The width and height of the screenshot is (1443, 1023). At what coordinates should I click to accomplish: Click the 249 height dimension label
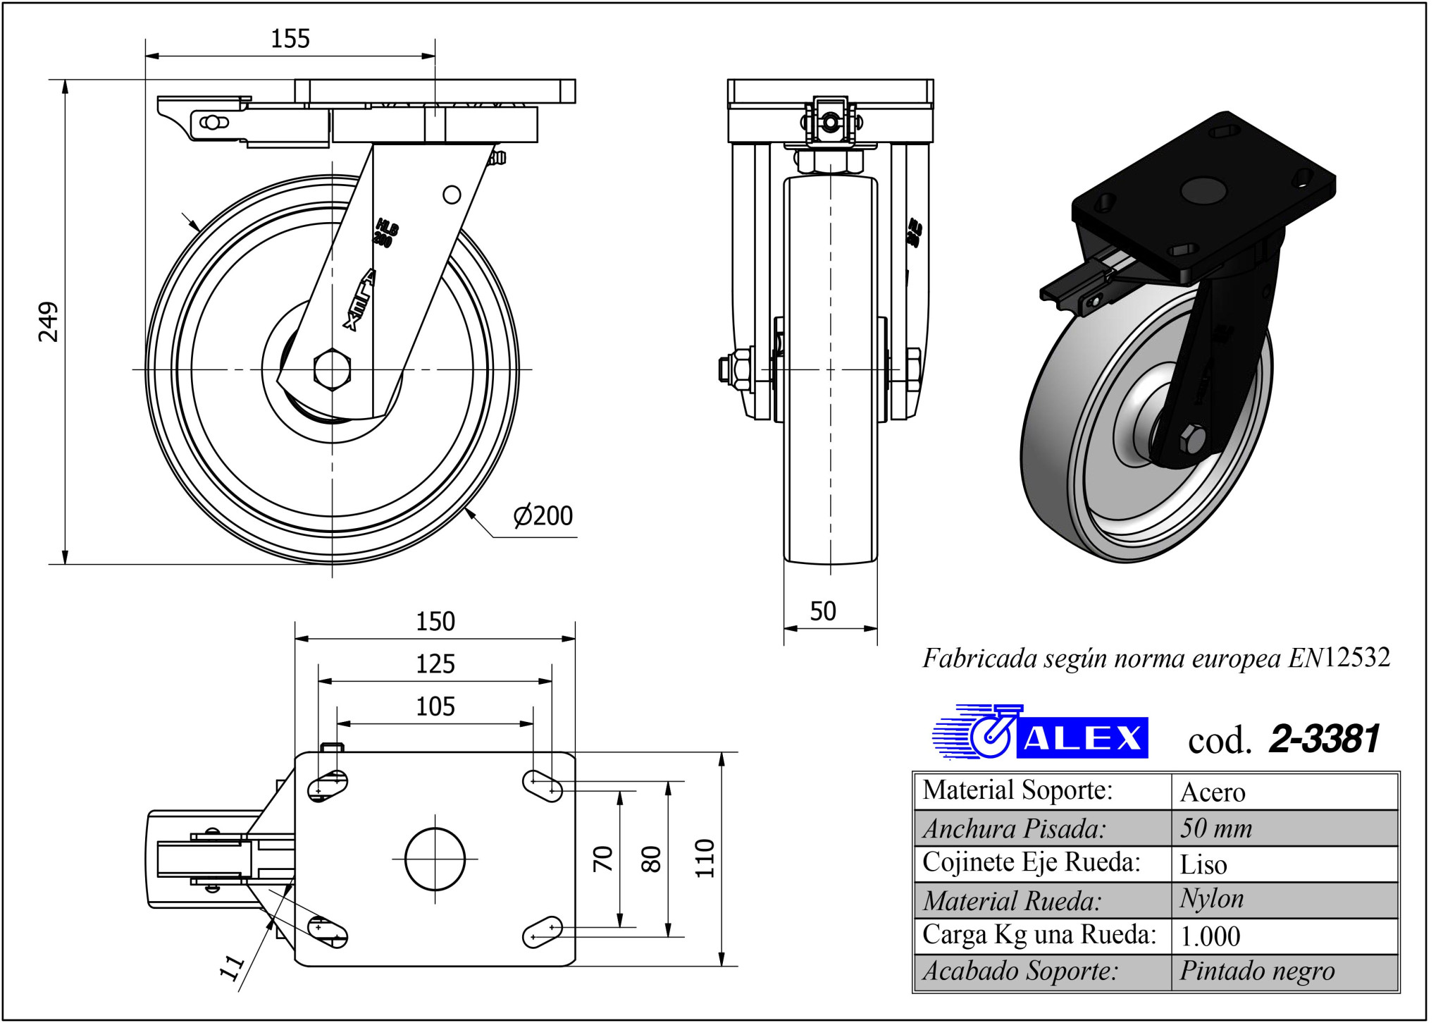48,321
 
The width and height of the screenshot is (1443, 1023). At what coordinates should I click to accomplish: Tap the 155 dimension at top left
290,39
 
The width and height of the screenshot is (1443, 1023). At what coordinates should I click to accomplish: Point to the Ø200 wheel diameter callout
543,516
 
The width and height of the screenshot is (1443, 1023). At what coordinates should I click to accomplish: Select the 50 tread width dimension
823,611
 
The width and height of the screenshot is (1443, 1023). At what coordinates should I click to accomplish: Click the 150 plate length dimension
435,622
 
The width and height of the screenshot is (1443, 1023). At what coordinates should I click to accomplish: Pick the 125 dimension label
435,664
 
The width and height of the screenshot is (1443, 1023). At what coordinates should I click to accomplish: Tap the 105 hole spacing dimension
435,706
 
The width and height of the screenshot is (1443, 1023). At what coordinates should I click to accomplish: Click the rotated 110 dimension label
705,858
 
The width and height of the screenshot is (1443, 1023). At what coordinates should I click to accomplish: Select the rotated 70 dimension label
603,858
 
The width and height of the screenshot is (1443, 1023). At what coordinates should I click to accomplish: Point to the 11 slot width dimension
232,967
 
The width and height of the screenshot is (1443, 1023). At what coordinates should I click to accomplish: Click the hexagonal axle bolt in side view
332,369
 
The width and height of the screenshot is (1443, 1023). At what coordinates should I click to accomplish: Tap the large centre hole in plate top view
435,859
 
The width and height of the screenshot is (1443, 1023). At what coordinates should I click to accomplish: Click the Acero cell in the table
1213,792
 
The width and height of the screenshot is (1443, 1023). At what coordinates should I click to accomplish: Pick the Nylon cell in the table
1212,899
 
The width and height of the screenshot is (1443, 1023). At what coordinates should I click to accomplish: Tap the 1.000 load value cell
1210,936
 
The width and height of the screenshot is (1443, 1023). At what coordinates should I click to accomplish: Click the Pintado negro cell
1257,972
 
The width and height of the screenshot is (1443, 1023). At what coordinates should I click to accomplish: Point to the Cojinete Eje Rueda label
1031,862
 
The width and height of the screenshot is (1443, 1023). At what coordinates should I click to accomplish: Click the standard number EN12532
1339,658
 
